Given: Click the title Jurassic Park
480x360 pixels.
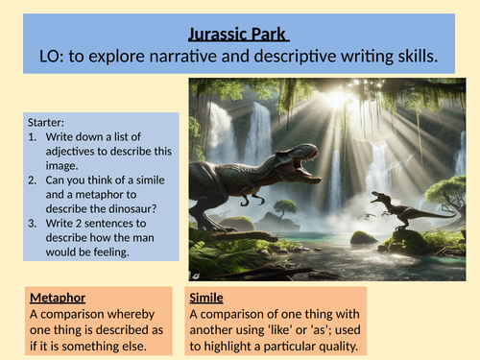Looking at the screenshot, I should pos(240,36).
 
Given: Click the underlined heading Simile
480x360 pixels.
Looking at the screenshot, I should pos(207,298).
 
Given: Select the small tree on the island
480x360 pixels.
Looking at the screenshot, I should pos(285,206).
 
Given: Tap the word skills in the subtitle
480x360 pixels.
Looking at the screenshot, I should pos(410,58).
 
